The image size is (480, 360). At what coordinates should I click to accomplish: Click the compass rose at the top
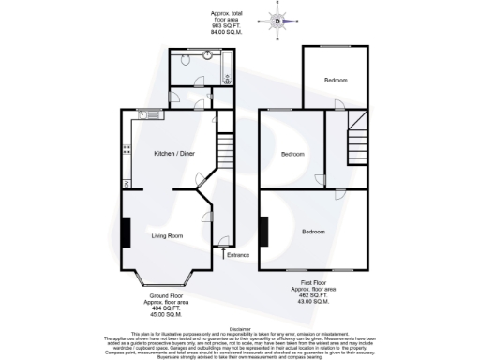(x=279, y=20)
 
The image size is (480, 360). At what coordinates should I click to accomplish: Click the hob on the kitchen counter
(x=125, y=150)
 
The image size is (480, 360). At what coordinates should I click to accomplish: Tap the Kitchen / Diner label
(x=173, y=152)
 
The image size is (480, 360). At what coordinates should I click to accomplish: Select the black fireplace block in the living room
(x=125, y=232)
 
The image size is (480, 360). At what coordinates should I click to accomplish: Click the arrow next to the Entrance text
(x=222, y=251)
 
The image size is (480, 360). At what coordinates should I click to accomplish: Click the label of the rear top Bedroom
(x=336, y=81)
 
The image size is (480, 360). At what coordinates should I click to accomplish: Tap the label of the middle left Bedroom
(x=292, y=154)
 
